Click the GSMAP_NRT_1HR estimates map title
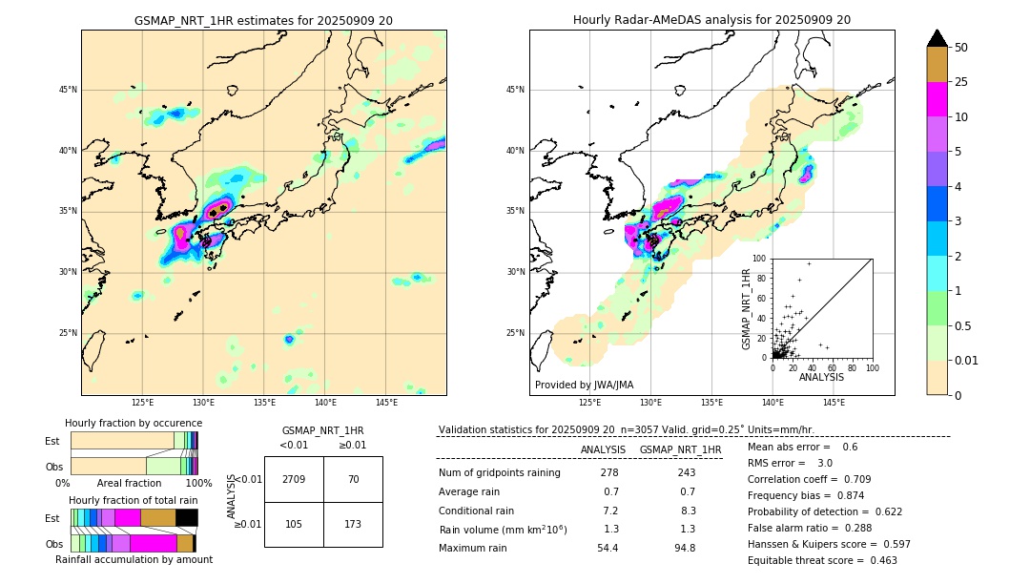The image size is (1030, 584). coord(263,20)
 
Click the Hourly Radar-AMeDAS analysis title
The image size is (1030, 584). coord(711,20)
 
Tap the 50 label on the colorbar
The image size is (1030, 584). coord(961,47)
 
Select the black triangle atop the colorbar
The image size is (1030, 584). coord(937,38)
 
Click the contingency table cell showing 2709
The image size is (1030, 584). coord(294,479)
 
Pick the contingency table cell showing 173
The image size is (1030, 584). coord(353,525)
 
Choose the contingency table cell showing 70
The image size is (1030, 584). coord(353,479)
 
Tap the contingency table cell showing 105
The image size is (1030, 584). coord(294,525)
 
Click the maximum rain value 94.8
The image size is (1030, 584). coord(685,548)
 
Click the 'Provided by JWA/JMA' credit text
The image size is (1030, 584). coord(584,386)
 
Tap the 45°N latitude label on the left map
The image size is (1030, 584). coord(68,90)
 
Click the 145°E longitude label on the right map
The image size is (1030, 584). coord(834,404)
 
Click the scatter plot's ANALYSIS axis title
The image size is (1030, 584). coord(821,377)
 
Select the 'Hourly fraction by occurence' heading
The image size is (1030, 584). coord(134,423)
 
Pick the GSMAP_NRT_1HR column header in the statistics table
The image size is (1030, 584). coord(680,449)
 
